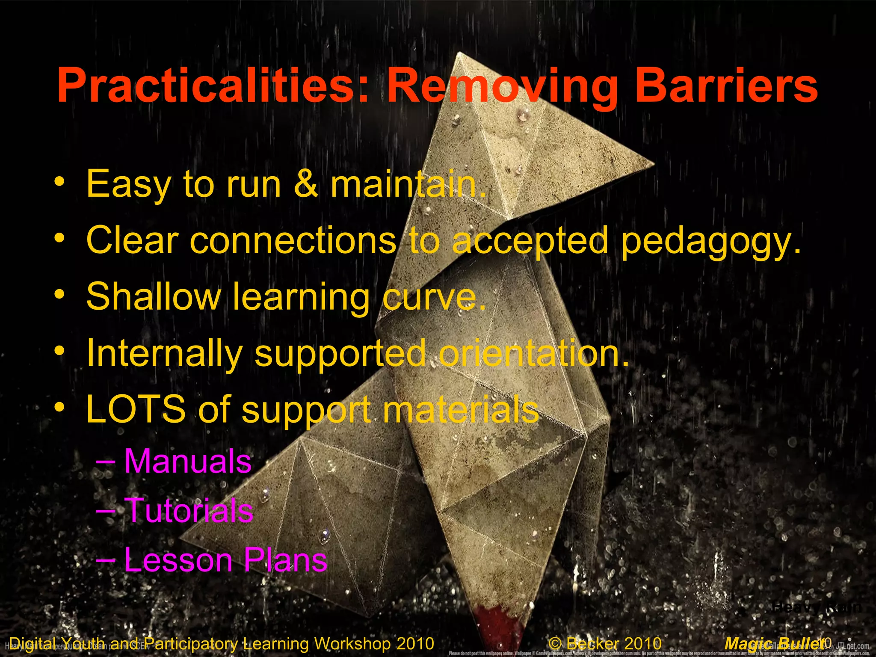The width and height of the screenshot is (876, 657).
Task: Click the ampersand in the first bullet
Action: (x=306, y=184)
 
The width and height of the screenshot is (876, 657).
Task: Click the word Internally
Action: (x=165, y=353)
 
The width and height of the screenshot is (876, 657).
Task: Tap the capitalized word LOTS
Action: (x=136, y=409)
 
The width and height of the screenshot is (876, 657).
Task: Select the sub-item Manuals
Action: (x=188, y=462)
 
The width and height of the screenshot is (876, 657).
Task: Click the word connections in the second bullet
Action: (x=293, y=241)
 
